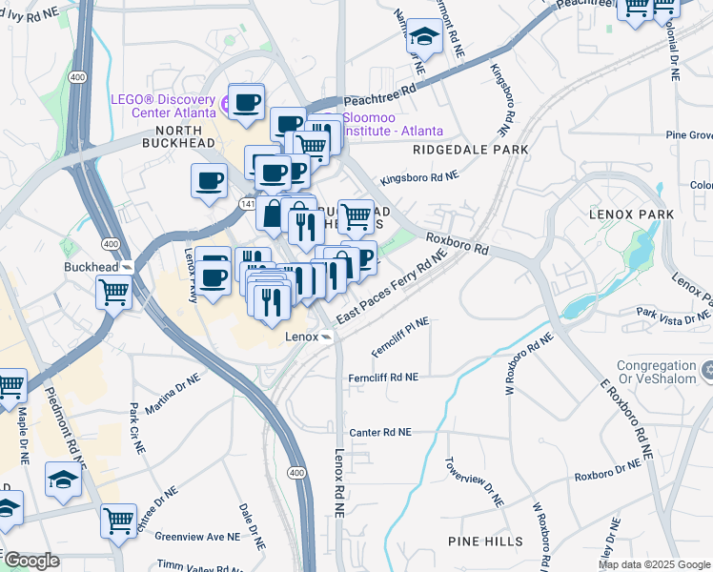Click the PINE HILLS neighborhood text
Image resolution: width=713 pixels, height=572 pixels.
(485, 541)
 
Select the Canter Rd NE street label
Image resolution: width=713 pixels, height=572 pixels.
(380, 432)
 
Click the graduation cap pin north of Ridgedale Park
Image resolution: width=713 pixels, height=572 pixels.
(423, 38)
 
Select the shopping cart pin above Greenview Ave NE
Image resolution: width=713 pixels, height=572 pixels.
(118, 521)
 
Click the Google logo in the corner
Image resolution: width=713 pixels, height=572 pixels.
(31, 561)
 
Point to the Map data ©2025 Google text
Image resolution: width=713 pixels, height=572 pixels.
(653, 564)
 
